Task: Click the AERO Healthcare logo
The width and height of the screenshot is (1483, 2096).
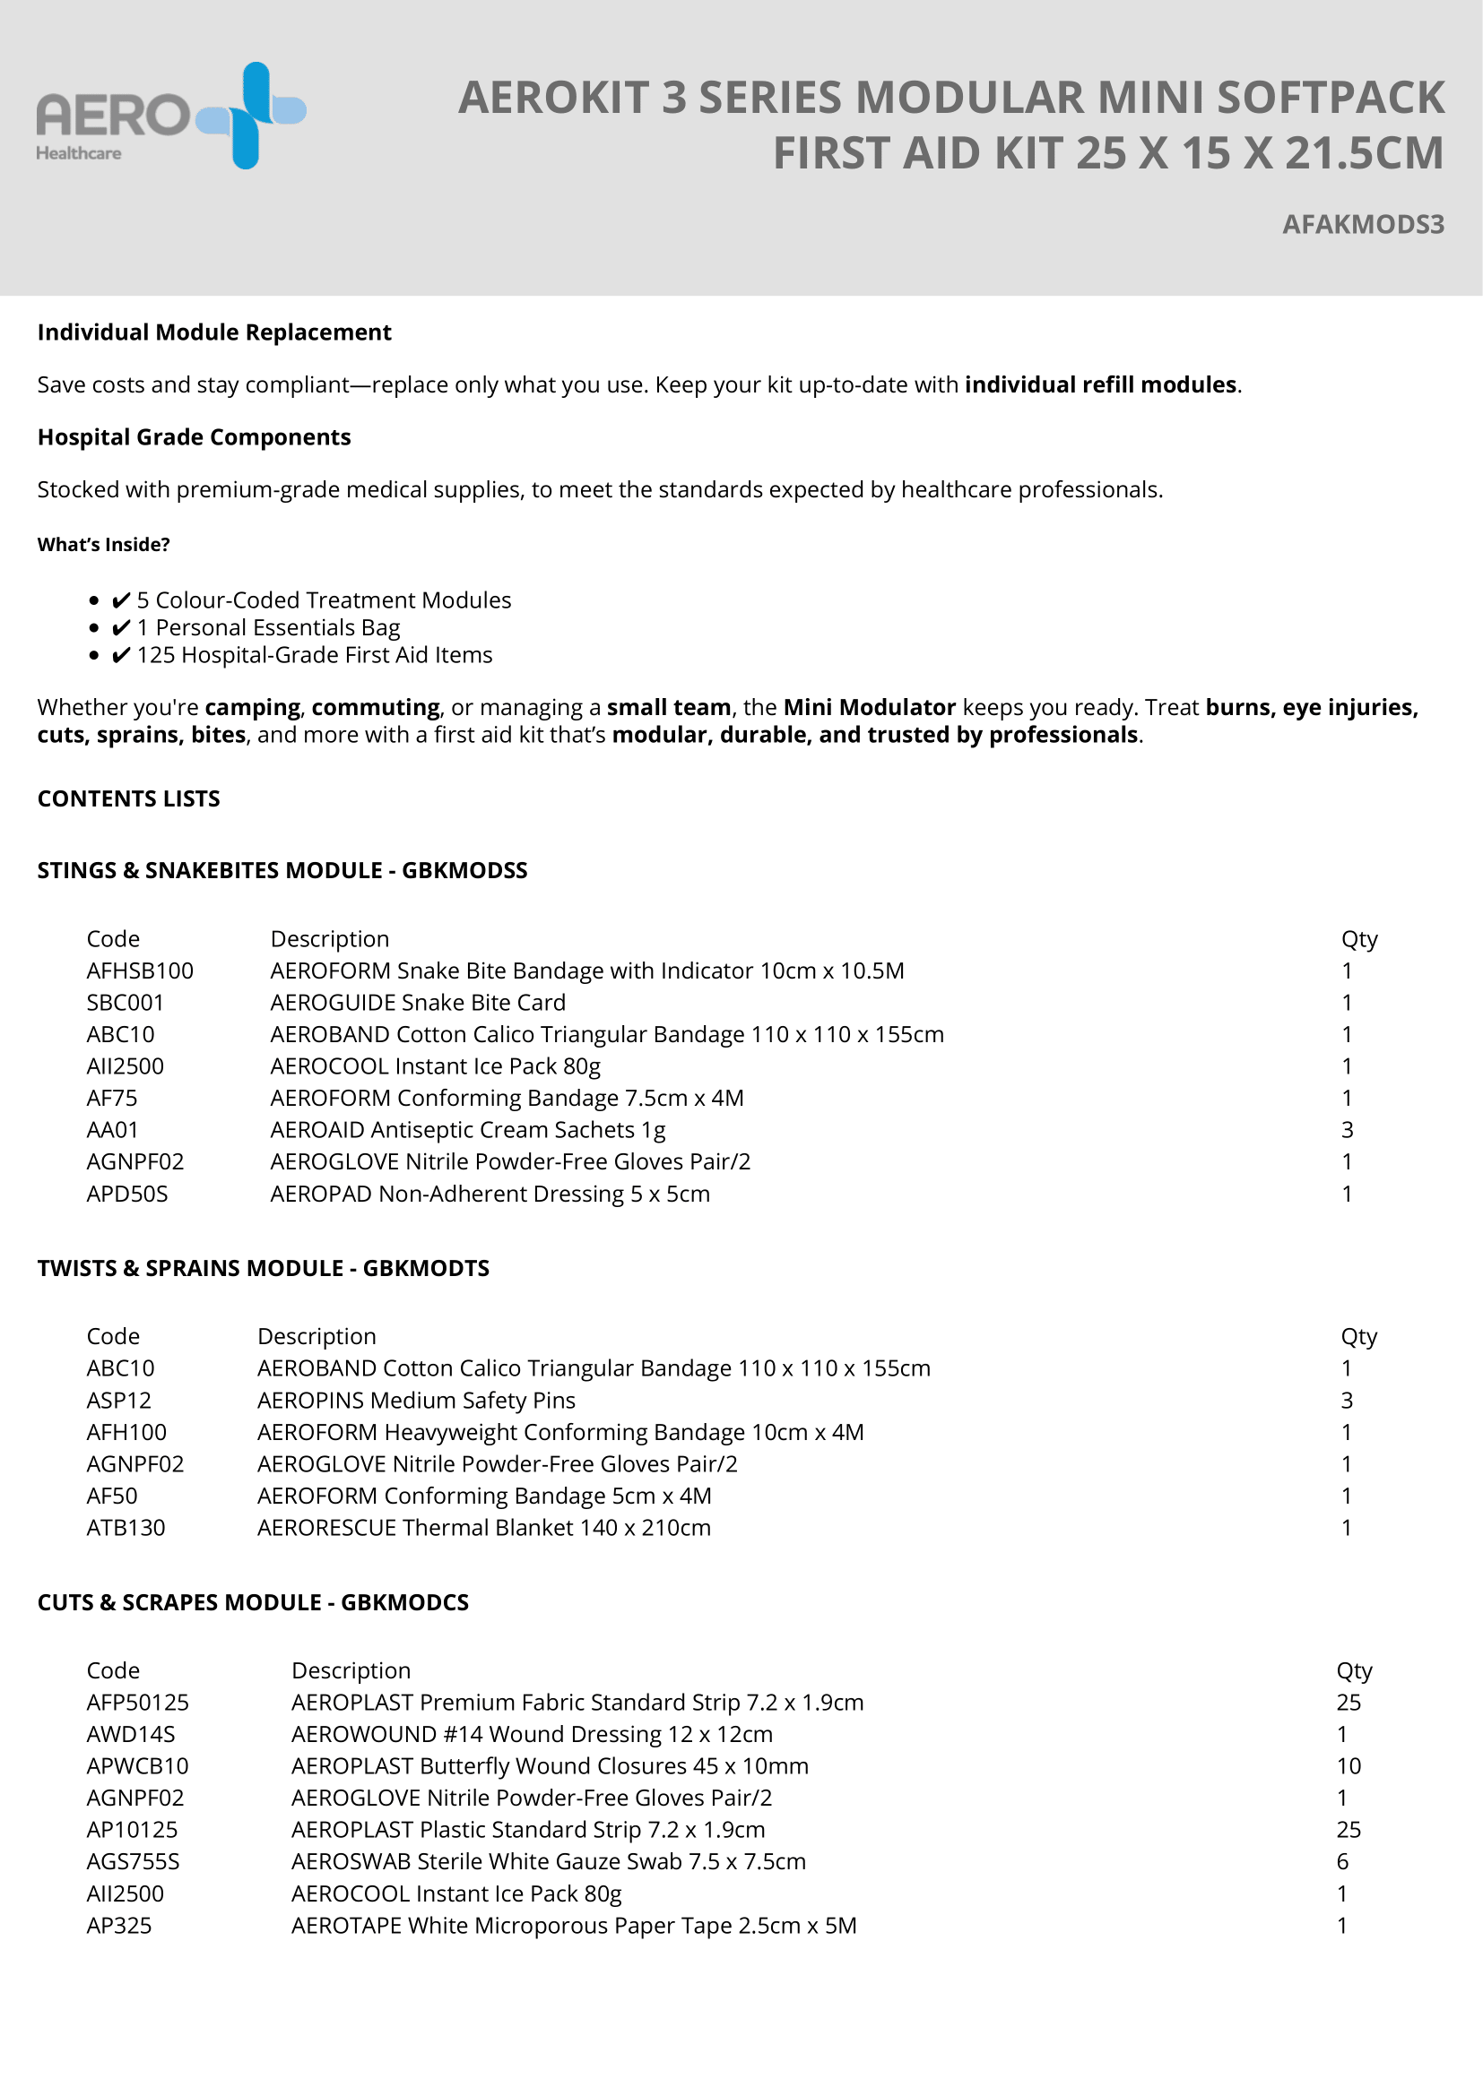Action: click(x=170, y=116)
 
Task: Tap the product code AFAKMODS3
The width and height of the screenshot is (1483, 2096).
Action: click(x=1363, y=225)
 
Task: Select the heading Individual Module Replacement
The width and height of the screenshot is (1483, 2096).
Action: click(x=213, y=332)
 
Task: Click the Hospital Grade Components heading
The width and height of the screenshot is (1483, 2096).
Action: click(x=194, y=437)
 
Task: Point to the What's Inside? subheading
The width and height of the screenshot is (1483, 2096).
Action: click(x=103, y=545)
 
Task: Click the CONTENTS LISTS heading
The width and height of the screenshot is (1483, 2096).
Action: click(x=129, y=798)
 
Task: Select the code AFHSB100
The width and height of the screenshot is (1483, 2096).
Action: click(x=140, y=970)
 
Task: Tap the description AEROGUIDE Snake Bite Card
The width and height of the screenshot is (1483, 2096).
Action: click(x=417, y=1003)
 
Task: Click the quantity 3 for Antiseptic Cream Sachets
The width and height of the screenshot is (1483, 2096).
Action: click(x=1347, y=1130)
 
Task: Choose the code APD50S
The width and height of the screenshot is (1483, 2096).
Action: click(x=127, y=1194)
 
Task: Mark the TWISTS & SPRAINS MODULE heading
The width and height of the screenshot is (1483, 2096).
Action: click(x=263, y=1268)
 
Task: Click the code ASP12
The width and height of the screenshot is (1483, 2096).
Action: click(x=118, y=1401)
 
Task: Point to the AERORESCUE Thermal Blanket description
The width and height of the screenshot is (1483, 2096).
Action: click(x=483, y=1527)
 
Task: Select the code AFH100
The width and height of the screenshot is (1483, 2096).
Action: click(x=126, y=1432)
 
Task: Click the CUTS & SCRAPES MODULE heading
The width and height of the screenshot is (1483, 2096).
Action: click(x=253, y=1602)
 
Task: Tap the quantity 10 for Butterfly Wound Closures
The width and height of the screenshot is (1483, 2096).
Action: click(x=1348, y=1765)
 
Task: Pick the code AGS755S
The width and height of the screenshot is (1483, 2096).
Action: click(x=133, y=1861)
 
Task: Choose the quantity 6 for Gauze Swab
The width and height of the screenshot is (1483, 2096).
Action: click(x=1342, y=1861)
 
